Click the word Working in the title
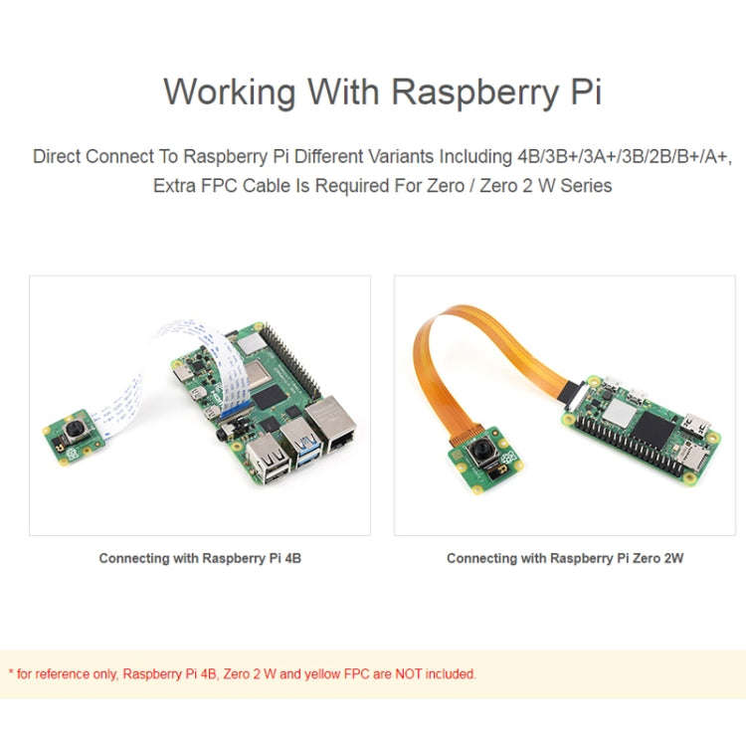tap(230, 92)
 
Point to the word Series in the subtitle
tap(587, 185)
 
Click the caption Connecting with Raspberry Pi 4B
tap(200, 558)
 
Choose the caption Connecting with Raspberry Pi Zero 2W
tap(565, 558)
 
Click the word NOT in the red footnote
tap(408, 673)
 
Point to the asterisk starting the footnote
tap(10, 672)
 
